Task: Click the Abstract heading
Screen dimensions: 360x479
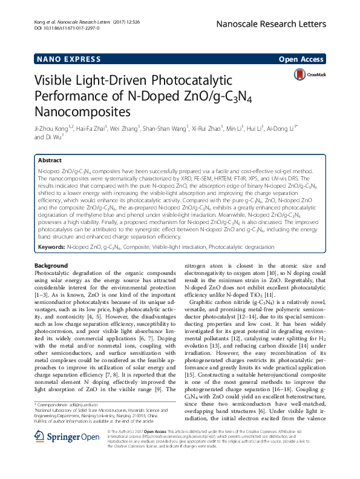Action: [50, 160]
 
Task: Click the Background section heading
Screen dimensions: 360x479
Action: [51, 266]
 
